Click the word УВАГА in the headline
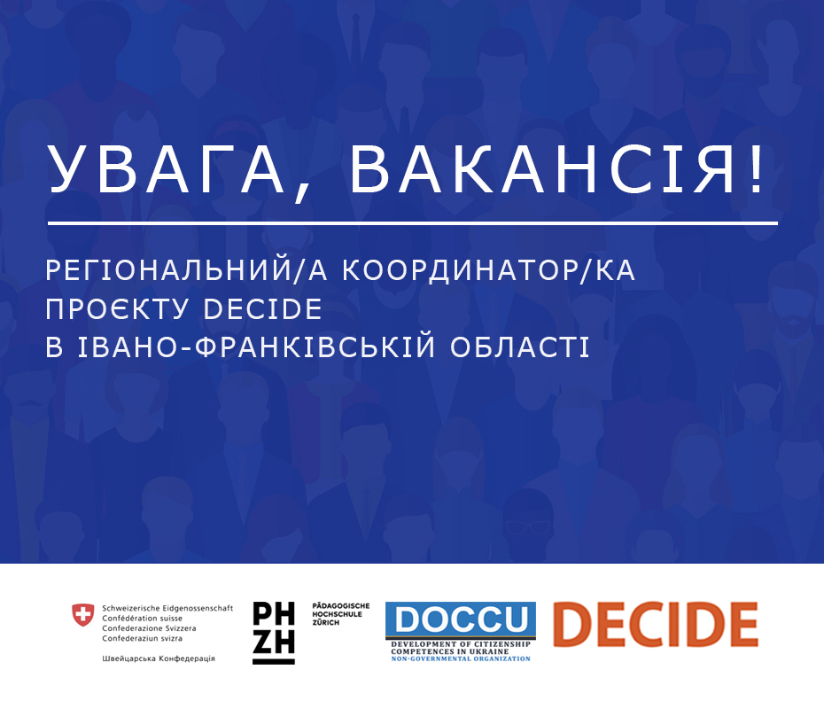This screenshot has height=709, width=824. (166, 169)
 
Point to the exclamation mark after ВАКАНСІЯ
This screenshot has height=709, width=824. (757, 169)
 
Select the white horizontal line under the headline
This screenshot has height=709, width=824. (413, 223)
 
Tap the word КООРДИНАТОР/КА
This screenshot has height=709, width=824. (489, 270)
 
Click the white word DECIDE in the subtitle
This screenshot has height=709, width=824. (263, 309)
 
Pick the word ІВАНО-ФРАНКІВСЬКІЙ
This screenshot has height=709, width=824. (257, 347)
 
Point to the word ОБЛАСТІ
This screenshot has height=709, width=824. (520, 347)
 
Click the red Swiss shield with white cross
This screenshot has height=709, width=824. (83, 615)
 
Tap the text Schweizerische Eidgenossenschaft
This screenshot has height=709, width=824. (167, 608)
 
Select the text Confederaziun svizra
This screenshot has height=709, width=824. (142, 638)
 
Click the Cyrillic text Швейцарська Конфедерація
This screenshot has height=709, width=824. (159, 658)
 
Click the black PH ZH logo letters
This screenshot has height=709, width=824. (274, 633)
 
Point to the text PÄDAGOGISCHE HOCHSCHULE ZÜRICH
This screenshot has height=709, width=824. (341, 614)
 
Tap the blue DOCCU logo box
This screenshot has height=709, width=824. (461, 619)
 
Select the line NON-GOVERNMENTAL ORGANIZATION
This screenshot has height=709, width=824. (461, 658)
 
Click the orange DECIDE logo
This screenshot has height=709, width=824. (656, 624)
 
